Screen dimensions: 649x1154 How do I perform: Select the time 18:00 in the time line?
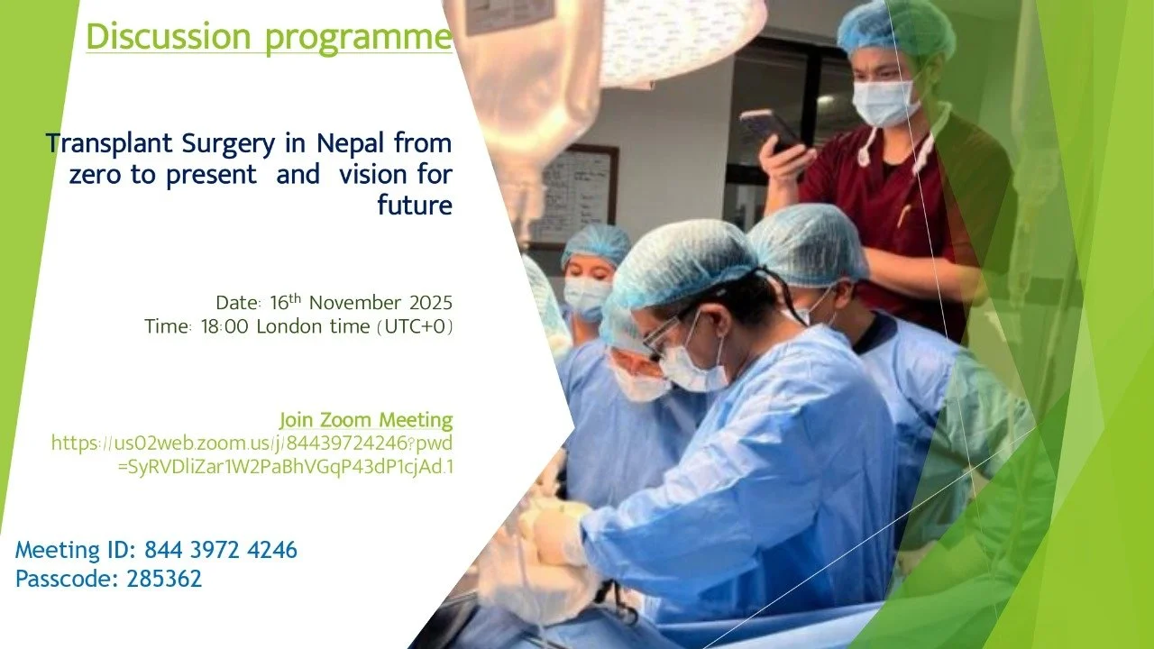225,326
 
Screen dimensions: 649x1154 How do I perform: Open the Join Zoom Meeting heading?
366,419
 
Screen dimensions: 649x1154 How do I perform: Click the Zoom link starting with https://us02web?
252,443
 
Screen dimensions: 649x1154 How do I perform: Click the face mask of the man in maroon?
884,102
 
